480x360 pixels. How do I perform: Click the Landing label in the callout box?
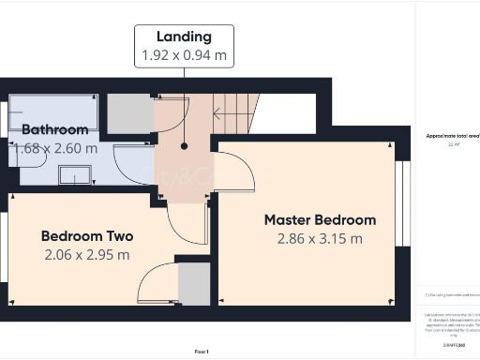[x=185, y=37]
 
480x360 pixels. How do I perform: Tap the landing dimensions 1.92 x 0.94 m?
[x=185, y=55]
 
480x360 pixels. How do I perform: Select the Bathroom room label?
[x=55, y=129]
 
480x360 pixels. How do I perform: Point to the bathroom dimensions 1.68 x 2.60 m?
[x=55, y=147]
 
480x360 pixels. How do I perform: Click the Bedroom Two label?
[x=85, y=236]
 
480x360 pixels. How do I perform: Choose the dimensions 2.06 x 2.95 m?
[x=85, y=254]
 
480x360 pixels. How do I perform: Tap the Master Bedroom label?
[x=320, y=219]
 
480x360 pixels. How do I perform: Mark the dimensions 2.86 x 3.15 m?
[x=320, y=238]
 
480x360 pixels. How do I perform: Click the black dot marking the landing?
[x=185, y=145]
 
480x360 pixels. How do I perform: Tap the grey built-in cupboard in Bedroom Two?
[x=194, y=284]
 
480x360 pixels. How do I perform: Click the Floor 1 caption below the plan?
[x=202, y=350]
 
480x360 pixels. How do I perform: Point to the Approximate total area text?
[x=452, y=136]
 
